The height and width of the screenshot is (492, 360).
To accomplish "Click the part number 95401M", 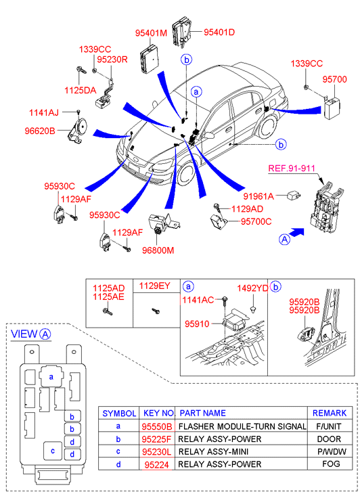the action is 152,33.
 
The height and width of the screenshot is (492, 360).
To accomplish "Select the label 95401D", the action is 219,32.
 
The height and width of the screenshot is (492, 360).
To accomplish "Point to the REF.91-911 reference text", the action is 292,169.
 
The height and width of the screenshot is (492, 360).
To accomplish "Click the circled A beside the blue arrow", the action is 284,240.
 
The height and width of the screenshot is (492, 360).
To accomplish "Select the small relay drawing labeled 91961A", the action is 294,196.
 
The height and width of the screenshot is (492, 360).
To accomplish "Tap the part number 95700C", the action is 256,221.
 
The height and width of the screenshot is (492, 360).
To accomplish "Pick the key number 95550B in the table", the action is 157,426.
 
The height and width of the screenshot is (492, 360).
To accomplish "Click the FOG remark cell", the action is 331,464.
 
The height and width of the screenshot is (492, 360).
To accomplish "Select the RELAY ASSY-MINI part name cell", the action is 213,451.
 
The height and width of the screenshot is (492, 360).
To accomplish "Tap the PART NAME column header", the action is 202,413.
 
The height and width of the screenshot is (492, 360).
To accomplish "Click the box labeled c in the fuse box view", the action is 53,451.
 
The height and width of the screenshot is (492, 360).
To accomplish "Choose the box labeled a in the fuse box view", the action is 51,376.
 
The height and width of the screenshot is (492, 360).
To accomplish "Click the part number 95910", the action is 197,323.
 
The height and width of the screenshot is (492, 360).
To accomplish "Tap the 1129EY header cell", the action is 155,286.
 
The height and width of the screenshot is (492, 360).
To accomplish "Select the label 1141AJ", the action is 44,112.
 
